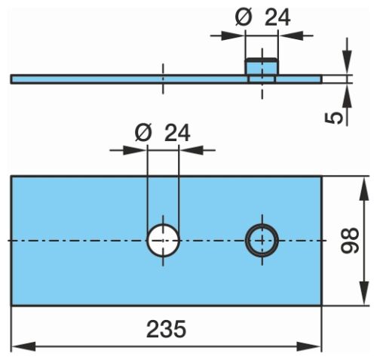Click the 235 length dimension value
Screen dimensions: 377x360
tap(166, 329)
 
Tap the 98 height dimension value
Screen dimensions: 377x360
tap(350, 240)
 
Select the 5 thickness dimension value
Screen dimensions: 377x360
tap(334, 118)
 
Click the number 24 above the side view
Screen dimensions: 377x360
tap(277, 17)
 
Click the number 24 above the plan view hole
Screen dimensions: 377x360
tap(177, 133)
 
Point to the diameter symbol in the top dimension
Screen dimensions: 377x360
tap(244, 17)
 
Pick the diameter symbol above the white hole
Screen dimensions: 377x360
tap(143, 133)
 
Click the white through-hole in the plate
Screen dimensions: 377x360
tap(163, 241)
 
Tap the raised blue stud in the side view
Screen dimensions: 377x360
tap(262, 66)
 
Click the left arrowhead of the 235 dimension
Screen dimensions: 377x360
tap(23, 346)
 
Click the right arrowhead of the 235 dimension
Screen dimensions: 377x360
tap(308, 346)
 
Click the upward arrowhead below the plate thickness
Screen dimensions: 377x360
tap(347, 96)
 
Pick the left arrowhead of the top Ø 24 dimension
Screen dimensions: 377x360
tap(233, 35)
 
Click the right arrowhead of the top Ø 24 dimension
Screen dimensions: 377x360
tap(291, 35)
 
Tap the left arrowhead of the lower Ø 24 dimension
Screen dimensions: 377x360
tap(135, 150)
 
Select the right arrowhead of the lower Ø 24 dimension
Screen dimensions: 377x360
tap(191, 150)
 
